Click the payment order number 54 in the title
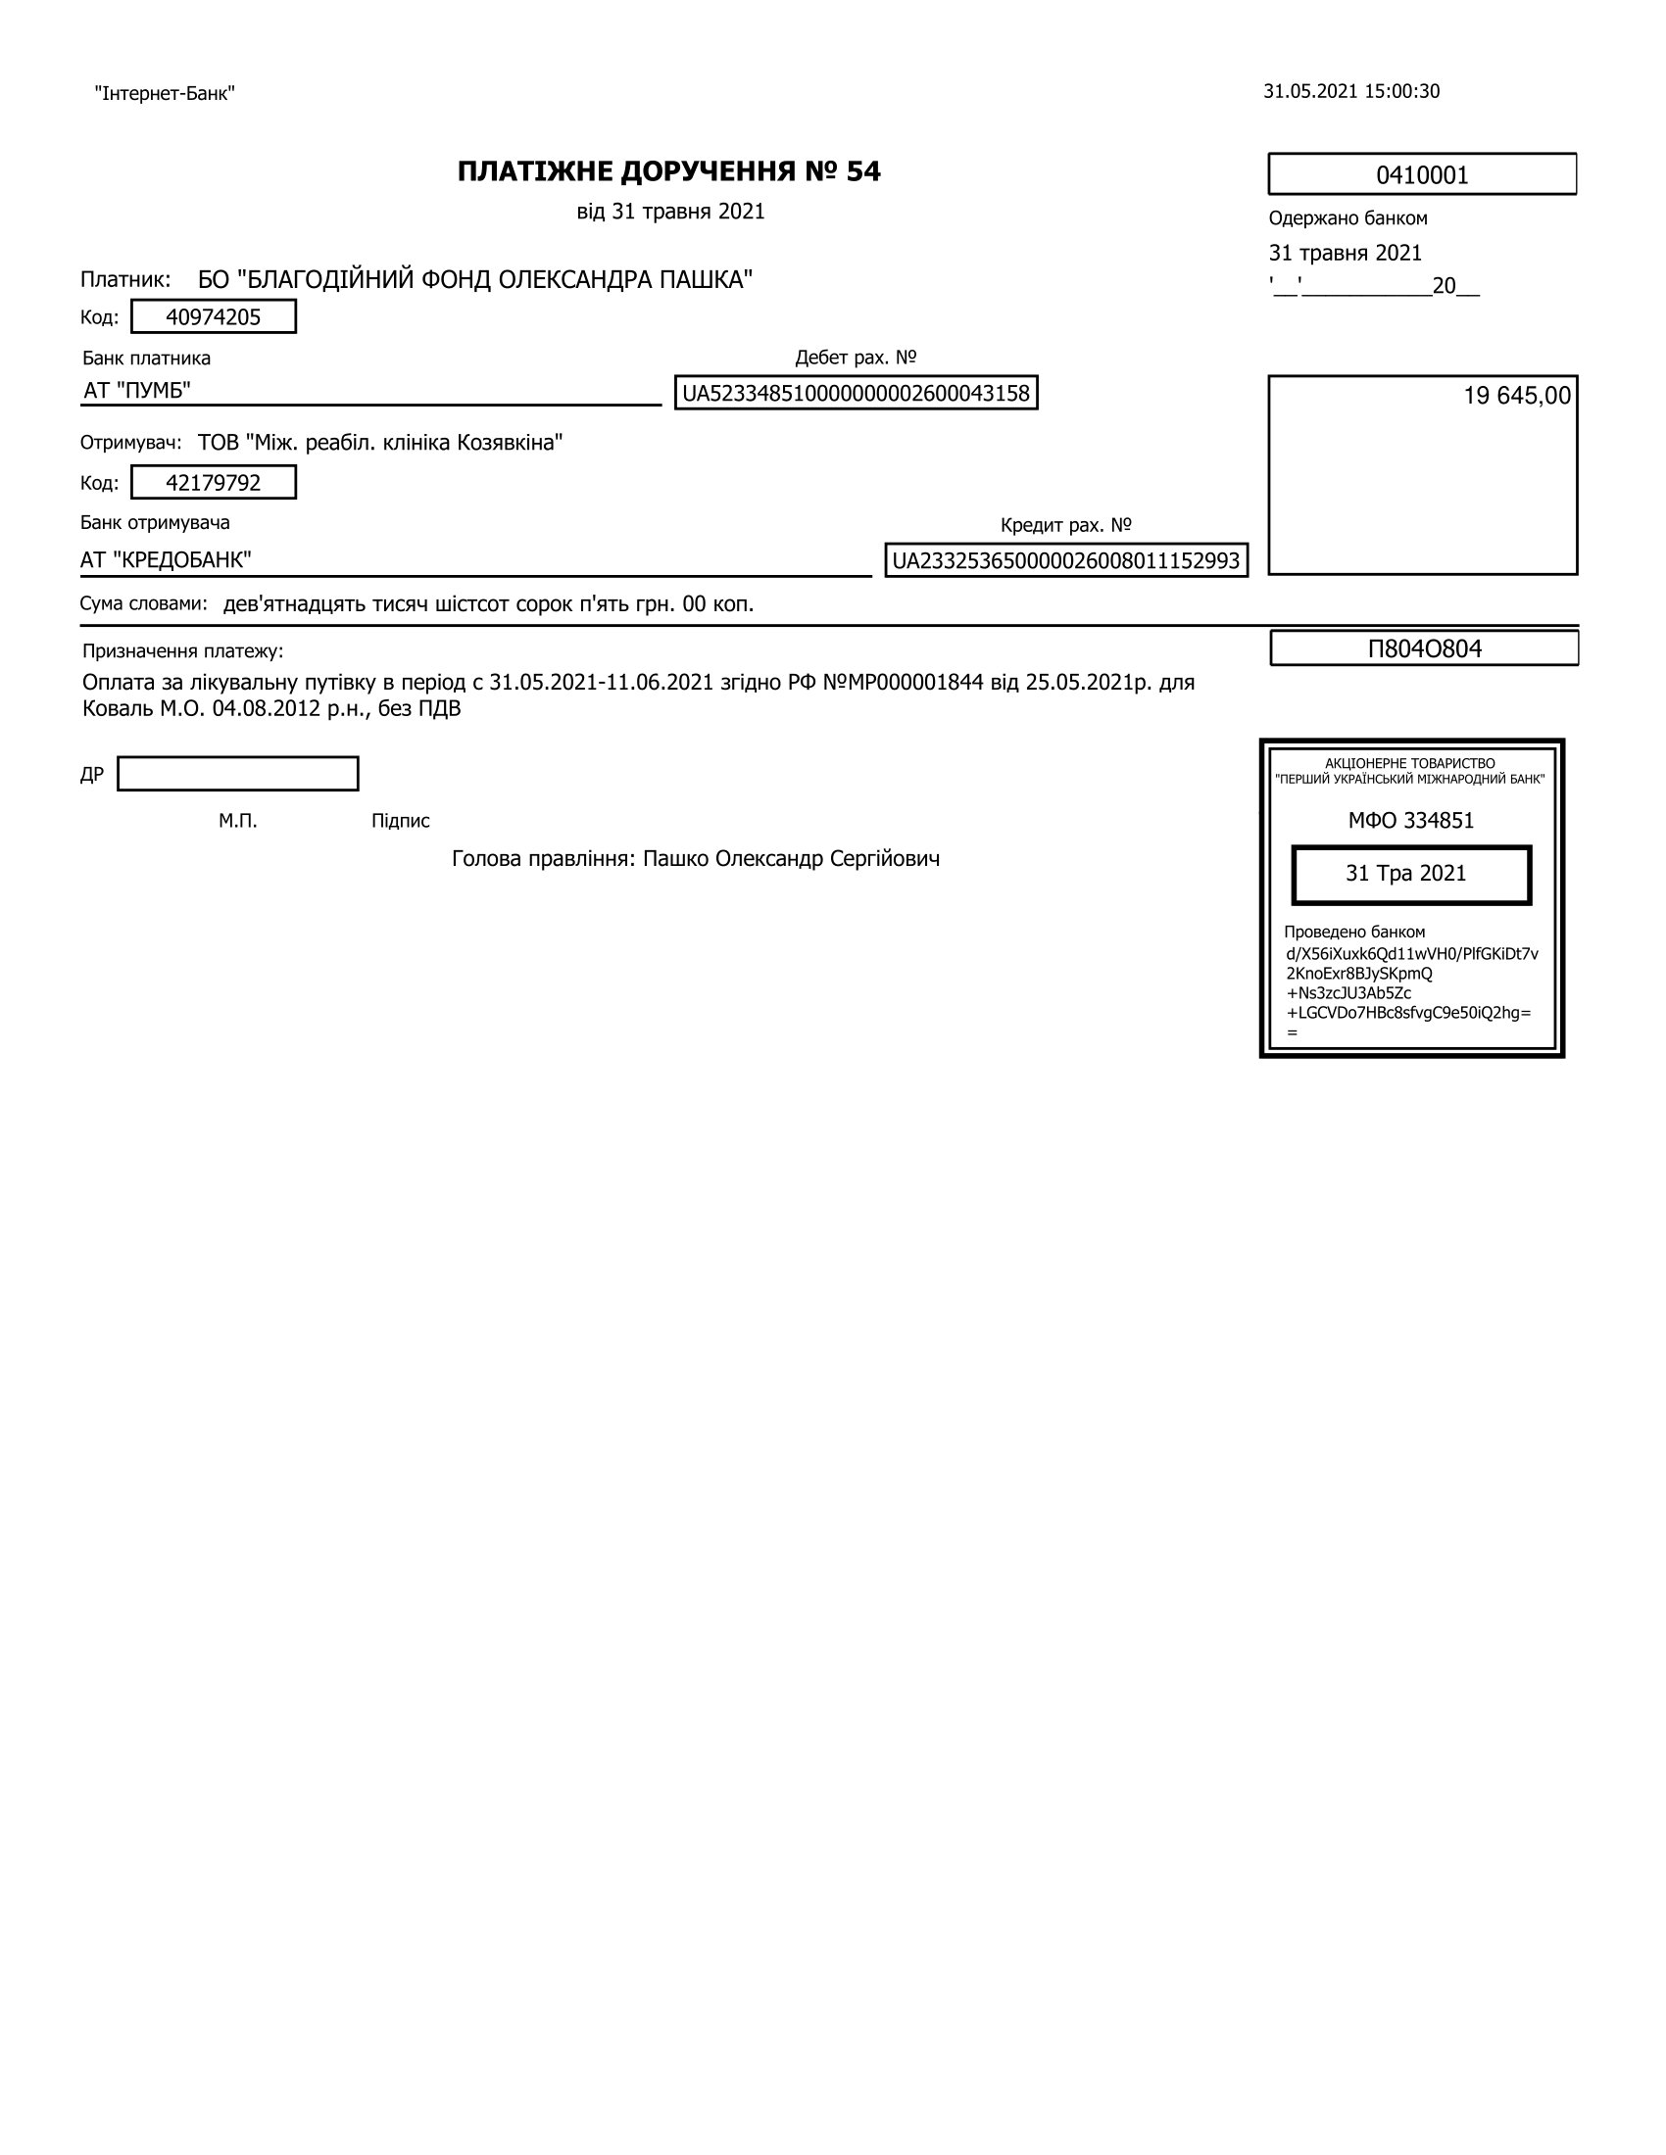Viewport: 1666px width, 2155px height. tap(862, 171)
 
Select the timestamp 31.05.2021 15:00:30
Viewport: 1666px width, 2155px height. tap(1351, 92)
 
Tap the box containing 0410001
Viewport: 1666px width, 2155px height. tap(1421, 174)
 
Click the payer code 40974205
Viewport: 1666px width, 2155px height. tap(214, 316)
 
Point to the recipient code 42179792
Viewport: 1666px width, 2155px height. tap(214, 483)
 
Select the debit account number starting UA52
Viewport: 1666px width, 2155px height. tap(856, 393)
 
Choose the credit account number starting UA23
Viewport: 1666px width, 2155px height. tap(1066, 560)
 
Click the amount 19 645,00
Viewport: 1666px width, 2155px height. tap(1516, 396)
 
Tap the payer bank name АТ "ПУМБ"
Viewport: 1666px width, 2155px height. tap(137, 391)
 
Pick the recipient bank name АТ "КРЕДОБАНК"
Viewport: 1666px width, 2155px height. tap(166, 560)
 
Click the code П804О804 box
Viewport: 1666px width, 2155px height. tap(1424, 648)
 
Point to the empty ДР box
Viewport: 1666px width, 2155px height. tap(238, 774)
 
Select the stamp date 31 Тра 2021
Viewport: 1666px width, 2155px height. tap(1410, 874)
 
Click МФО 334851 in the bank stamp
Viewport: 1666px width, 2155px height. tap(1410, 821)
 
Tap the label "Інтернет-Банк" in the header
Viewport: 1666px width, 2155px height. tap(165, 94)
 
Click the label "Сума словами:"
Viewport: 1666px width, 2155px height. tap(144, 602)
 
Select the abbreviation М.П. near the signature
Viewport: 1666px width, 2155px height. tap(238, 821)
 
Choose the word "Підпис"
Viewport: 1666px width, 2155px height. tap(401, 821)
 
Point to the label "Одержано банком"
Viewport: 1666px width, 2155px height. tap(1347, 218)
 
